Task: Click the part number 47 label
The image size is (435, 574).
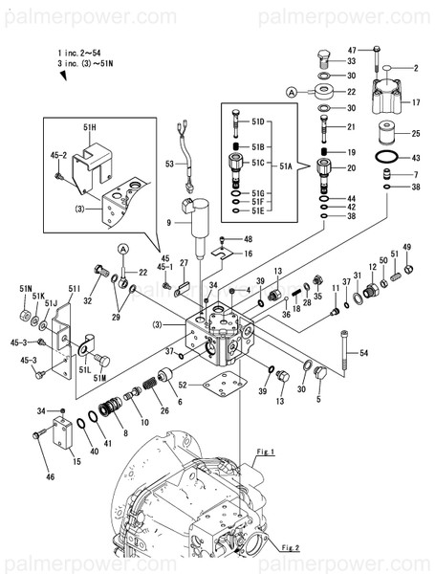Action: pyautogui.click(x=352, y=49)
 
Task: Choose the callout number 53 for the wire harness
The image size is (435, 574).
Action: pyautogui.click(x=170, y=165)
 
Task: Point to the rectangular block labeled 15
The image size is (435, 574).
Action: pyautogui.click(x=61, y=446)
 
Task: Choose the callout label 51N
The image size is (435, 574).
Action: pyautogui.click(x=25, y=289)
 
